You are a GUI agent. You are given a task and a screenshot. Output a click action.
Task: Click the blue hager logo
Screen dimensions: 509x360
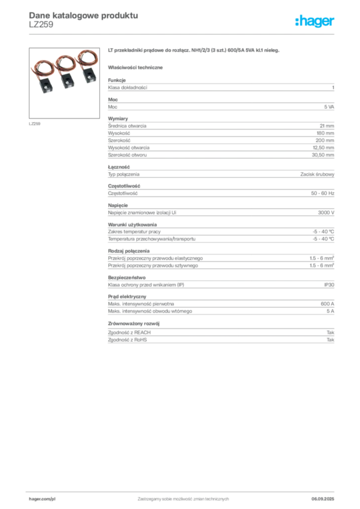[315, 22]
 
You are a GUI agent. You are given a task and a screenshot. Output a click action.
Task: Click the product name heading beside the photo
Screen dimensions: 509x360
[195, 51]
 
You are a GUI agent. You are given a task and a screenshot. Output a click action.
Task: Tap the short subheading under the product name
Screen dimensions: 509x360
[136, 67]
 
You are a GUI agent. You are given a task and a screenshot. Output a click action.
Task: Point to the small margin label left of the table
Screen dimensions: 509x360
[35, 123]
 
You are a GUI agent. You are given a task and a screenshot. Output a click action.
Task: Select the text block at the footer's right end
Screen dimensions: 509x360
[326, 497]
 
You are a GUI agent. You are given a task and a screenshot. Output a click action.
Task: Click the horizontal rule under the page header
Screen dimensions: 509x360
[183, 33]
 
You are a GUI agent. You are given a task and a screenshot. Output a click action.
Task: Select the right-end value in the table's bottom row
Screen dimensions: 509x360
[332, 342]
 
